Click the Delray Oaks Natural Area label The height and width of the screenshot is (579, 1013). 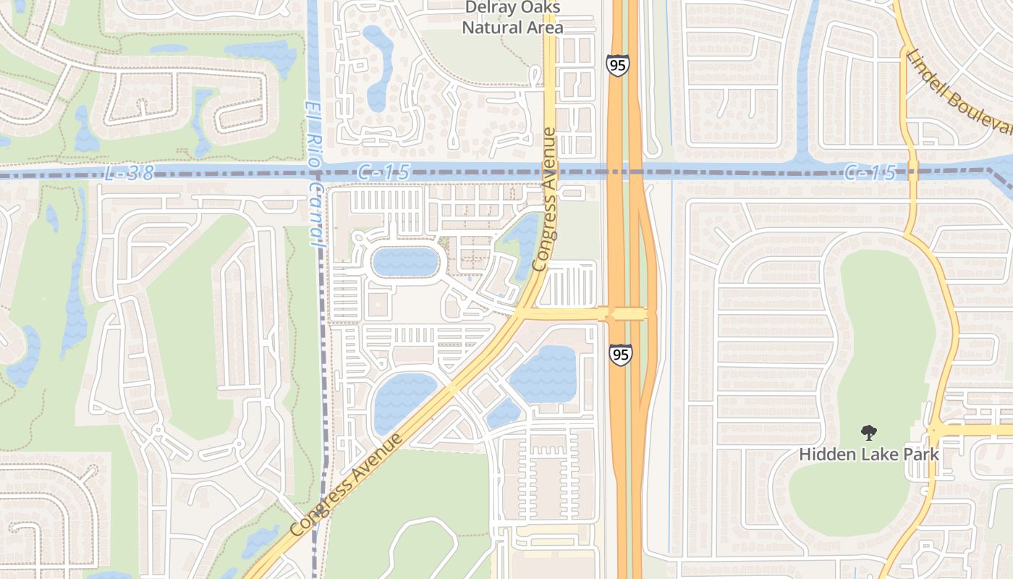(513, 17)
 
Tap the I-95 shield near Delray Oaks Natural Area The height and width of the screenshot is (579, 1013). (617, 65)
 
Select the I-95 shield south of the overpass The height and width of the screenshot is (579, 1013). (620, 355)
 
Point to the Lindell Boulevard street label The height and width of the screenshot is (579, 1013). (958, 91)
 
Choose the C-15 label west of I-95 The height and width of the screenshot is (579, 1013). (383, 172)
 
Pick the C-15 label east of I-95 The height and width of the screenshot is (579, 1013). (870, 172)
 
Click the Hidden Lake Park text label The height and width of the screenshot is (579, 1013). (869, 455)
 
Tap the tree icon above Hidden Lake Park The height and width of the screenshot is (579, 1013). (868, 433)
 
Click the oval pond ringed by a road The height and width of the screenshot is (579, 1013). (405, 261)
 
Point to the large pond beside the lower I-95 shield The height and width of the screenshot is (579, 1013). (544, 374)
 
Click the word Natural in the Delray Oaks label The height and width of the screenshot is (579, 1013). (487, 28)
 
